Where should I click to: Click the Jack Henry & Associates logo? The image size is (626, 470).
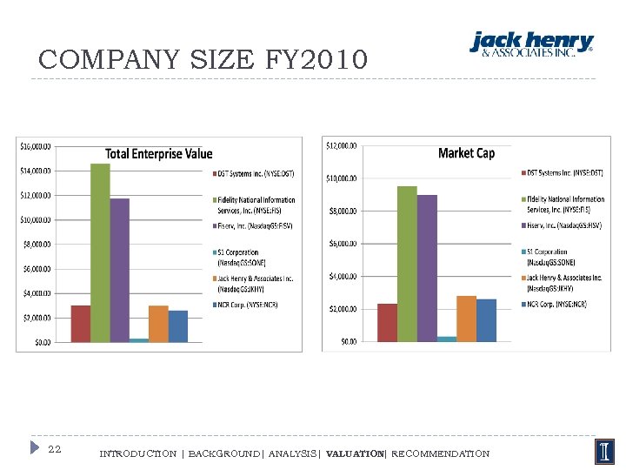(531, 44)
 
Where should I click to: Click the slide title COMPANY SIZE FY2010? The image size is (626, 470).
(203, 60)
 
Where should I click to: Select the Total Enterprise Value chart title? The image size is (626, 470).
(158, 154)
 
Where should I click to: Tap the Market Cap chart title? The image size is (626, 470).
(466, 153)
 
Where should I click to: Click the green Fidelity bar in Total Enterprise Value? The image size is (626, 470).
(100, 252)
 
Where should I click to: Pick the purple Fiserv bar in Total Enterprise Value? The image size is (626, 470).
(119, 270)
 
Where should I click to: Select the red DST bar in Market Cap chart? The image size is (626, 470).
(387, 323)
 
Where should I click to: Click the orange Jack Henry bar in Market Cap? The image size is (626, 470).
(466, 319)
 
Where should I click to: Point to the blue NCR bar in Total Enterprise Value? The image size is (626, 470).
(177, 326)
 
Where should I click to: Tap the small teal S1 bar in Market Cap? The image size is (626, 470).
(447, 339)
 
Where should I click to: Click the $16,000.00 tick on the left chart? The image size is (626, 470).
(36, 145)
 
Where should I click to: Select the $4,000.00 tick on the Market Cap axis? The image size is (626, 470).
(342, 276)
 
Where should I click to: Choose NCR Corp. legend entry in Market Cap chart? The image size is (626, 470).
(563, 305)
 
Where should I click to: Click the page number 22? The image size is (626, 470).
(54, 449)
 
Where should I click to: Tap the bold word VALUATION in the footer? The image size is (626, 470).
(354, 453)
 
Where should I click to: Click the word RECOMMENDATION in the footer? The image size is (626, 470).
(440, 453)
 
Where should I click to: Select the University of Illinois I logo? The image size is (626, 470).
(603, 452)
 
